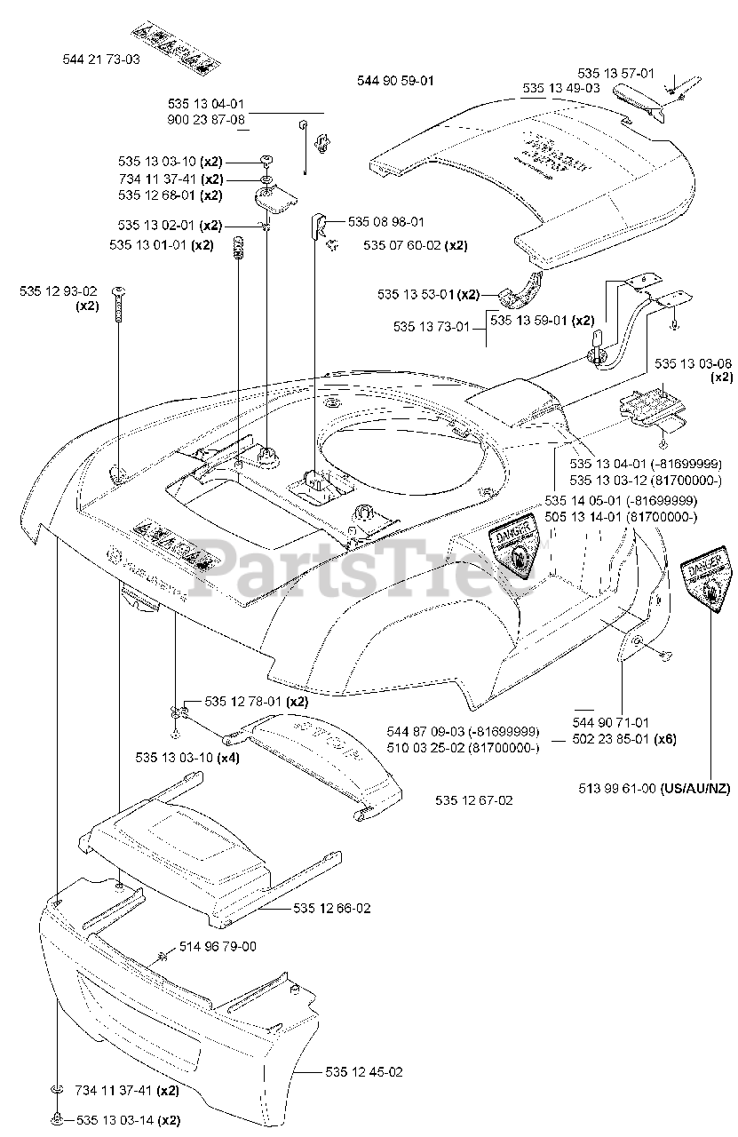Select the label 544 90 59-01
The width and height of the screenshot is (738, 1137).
395,81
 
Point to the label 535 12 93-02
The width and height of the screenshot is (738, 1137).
60,290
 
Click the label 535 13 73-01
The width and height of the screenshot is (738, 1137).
431,327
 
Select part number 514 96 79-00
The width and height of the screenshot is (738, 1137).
218,947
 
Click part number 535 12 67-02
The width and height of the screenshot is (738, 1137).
473,800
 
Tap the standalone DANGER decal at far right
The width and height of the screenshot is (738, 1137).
709,582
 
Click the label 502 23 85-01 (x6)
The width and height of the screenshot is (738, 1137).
623,739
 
